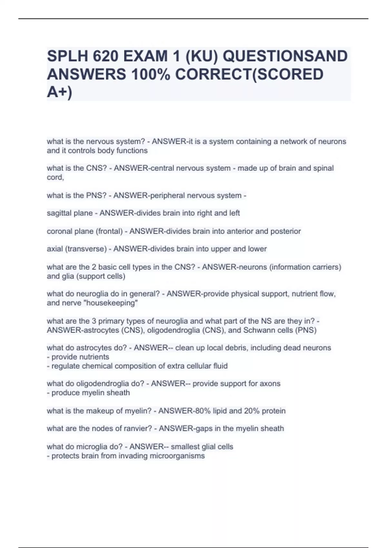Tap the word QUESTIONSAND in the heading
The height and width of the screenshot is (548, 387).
tap(285, 56)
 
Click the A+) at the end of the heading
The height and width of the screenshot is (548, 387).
tap(60, 92)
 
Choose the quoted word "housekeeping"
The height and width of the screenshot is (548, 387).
tap(111, 303)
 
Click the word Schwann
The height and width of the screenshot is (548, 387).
tap(258, 330)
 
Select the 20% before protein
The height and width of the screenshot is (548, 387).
tap(252, 411)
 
